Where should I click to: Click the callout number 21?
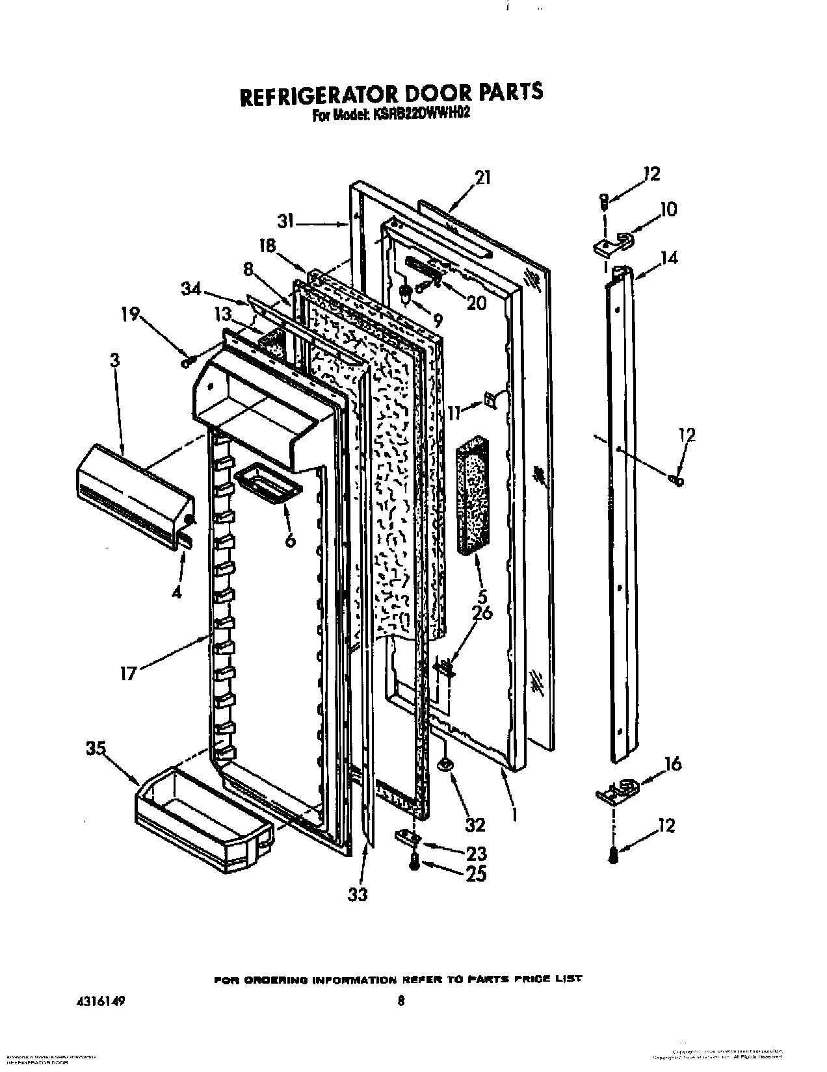click(x=482, y=177)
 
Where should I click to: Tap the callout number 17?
click(x=128, y=672)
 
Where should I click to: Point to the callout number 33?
click(x=357, y=894)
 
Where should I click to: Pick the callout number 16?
click(x=672, y=763)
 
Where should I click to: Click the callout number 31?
click(x=288, y=222)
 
